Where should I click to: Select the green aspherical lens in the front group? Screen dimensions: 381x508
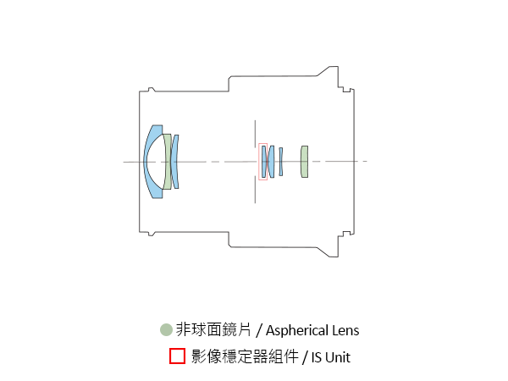point(168,161)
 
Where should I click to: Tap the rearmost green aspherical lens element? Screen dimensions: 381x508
point(304,162)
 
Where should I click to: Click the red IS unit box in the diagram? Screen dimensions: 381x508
point(262,162)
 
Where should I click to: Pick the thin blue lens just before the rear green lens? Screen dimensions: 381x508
point(281,162)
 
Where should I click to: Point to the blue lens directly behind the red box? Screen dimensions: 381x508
point(271,162)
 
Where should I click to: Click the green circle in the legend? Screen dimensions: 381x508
point(166,330)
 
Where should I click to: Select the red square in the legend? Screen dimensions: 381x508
point(177,356)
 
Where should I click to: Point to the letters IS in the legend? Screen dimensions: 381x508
point(317,357)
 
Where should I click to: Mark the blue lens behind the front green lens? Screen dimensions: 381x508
point(175,161)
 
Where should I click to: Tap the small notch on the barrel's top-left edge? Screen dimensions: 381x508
point(151,89)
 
